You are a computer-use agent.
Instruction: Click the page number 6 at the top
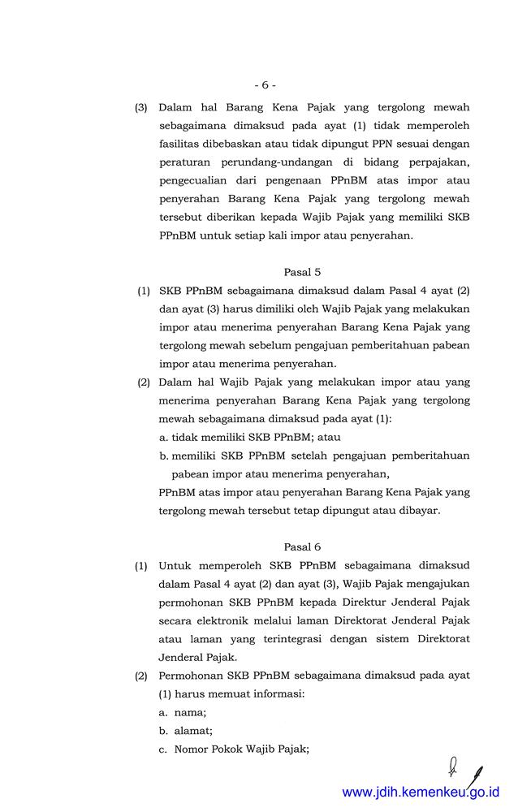pyautogui.click(x=265, y=84)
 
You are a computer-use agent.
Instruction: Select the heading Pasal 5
pyautogui.click(x=302, y=272)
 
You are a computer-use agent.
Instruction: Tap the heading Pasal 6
pyautogui.click(x=302, y=547)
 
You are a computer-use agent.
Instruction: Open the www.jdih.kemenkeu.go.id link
pyautogui.click(x=421, y=792)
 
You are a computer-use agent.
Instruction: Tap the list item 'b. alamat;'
pyautogui.click(x=186, y=730)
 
